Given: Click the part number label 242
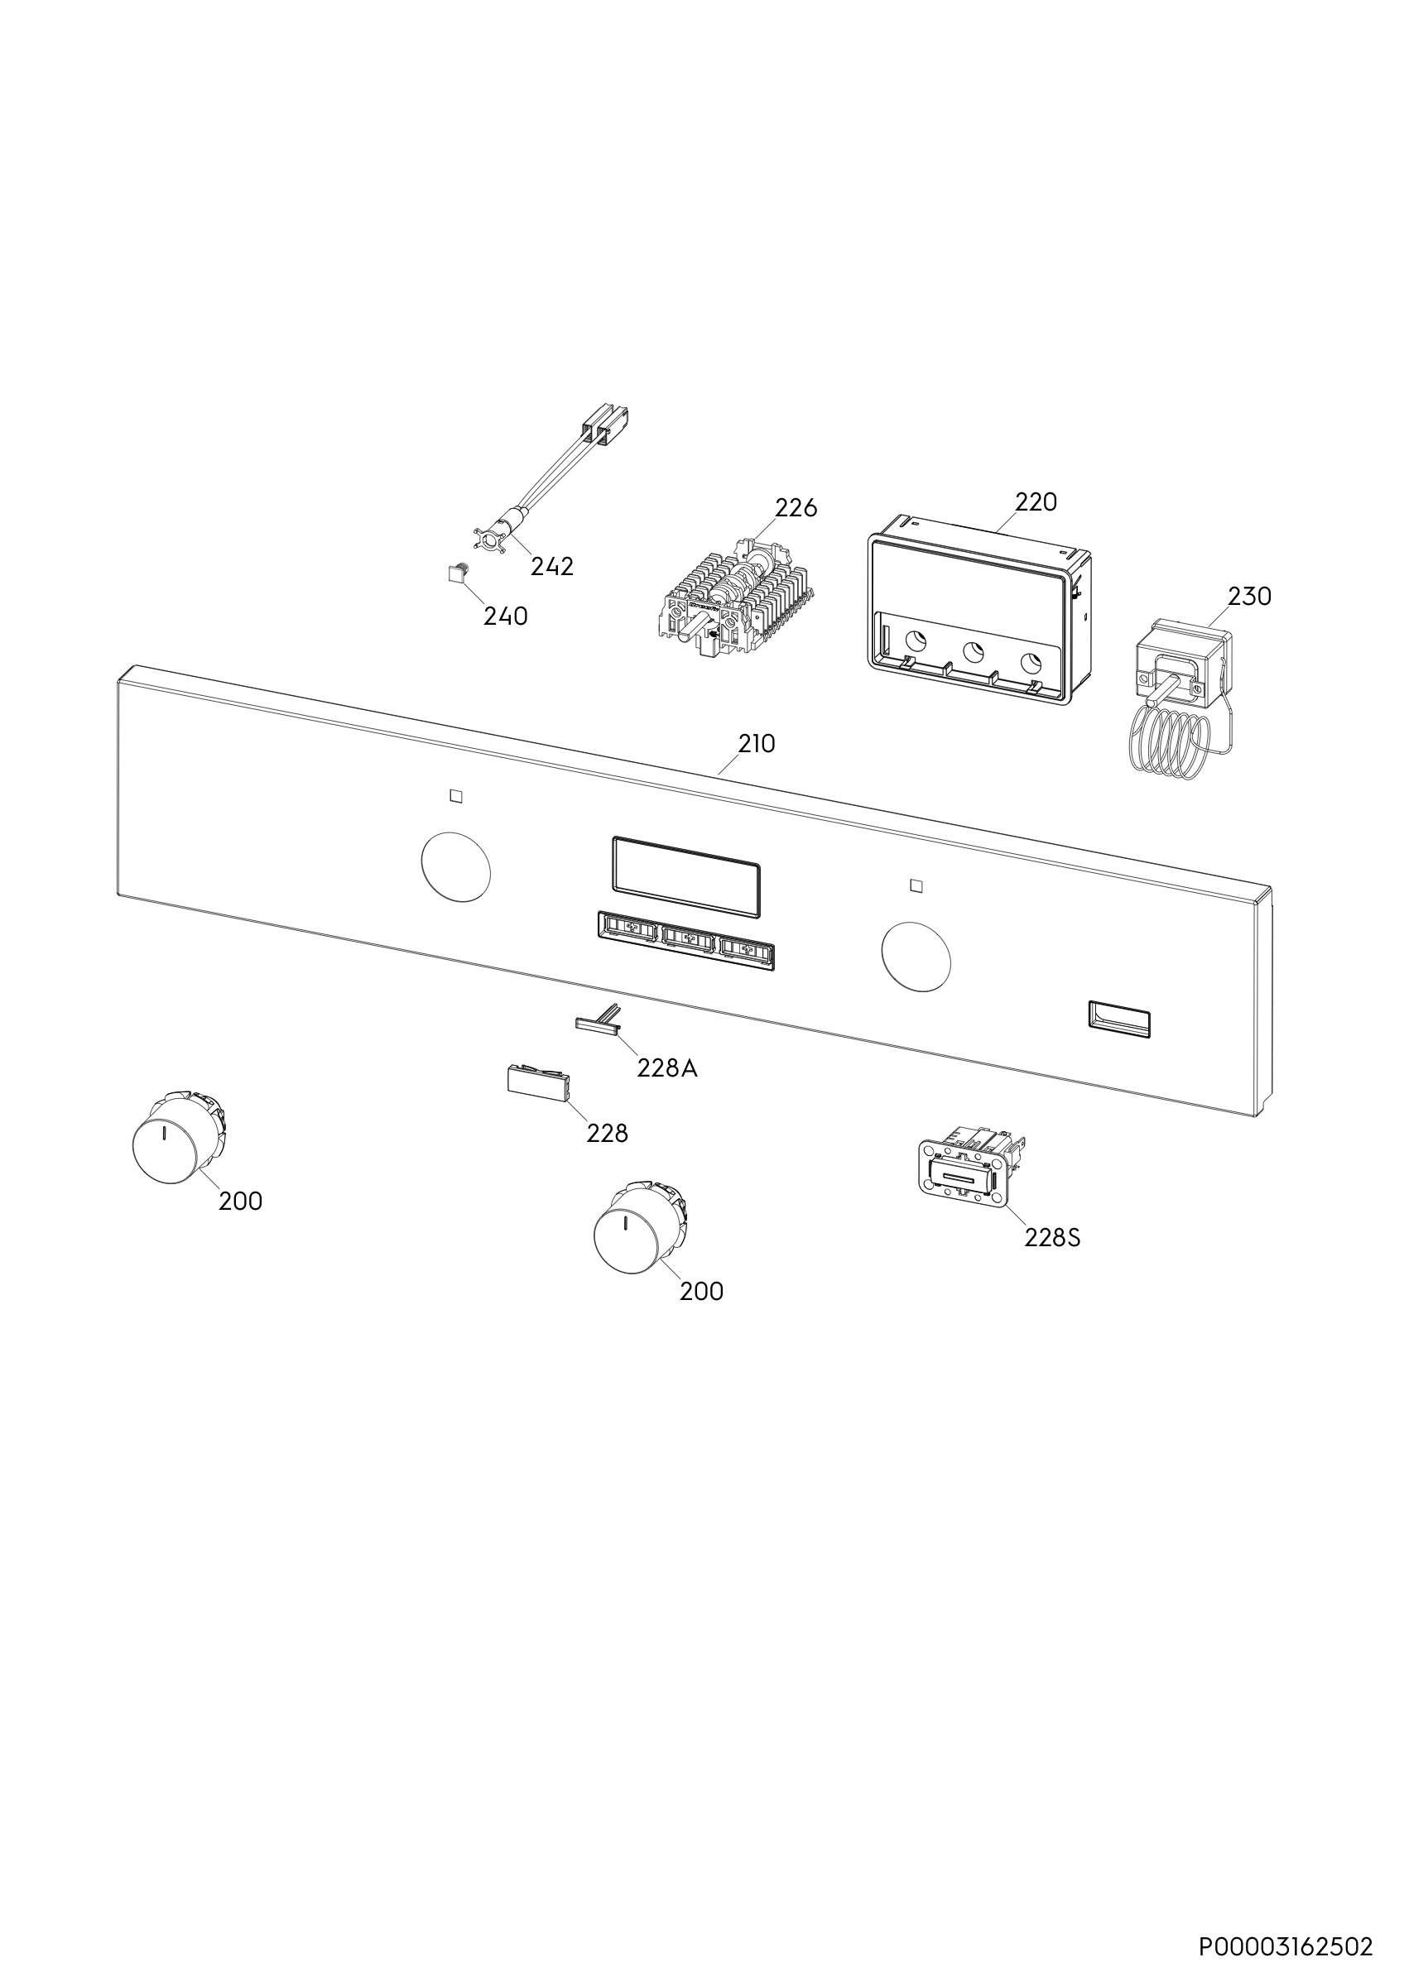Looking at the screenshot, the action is click(552, 567).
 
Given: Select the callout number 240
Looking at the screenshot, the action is click(505, 616).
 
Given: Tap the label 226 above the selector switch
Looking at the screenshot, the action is click(796, 508).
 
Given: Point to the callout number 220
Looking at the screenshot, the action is click(1036, 501).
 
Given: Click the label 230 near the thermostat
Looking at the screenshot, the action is click(1250, 596).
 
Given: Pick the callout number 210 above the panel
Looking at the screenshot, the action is click(756, 744).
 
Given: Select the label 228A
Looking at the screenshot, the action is click(667, 1069).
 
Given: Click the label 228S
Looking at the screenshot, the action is click(1053, 1239).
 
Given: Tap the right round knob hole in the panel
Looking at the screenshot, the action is click(916, 957).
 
